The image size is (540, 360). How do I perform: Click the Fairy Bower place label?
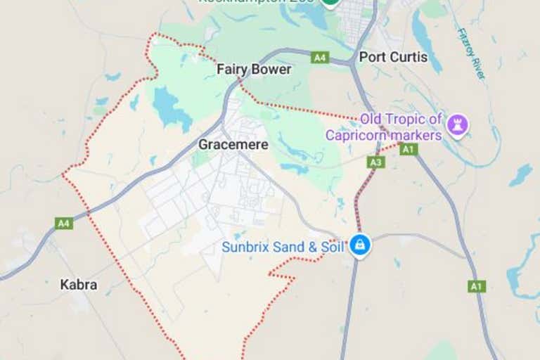pos(254,70)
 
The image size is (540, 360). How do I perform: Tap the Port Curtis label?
pos(393,57)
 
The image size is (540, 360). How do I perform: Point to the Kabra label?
pos(79,285)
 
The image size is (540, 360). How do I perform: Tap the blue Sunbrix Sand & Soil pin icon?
pos(360,245)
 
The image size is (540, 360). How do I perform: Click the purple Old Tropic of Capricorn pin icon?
pos(458,126)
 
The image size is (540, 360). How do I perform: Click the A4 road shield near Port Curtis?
pos(320,57)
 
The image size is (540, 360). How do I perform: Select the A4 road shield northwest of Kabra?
pos(64,223)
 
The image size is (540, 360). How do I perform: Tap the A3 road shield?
pos(376,162)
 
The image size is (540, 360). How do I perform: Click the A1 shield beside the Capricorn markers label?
pos(409,149)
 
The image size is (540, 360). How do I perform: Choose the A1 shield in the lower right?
pos(477,286)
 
